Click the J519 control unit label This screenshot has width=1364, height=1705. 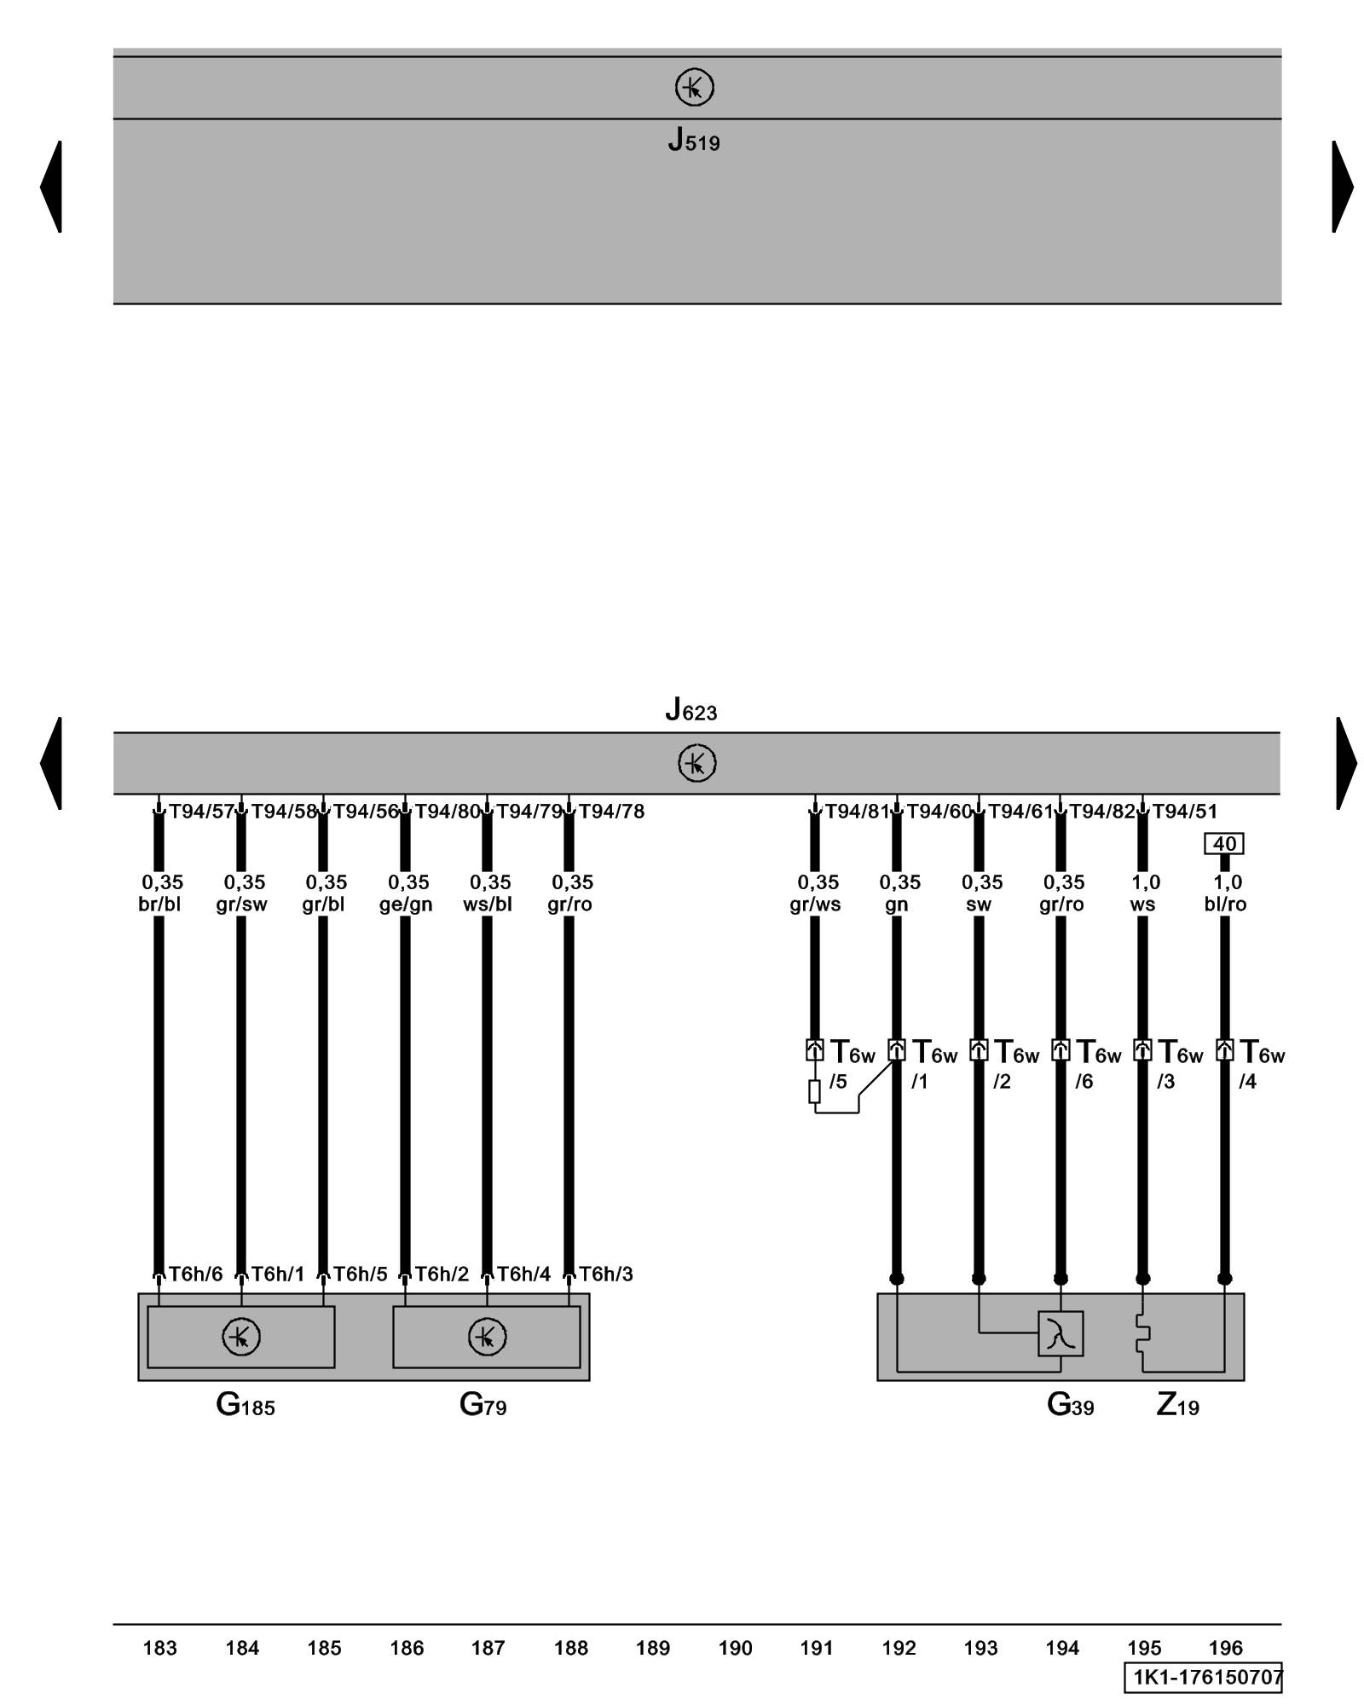coord(693,140)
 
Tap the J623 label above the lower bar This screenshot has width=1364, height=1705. coord(691,709)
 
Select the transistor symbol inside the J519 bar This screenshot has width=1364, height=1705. coord(694,87)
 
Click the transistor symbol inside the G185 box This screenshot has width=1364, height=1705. coord(241,1337)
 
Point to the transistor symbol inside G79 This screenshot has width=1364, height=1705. coord(487,1337)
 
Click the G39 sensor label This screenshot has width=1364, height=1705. coord(1070,1404)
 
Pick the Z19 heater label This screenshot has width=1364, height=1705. coord(1177,1404)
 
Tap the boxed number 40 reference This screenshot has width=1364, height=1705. coord(1224,843)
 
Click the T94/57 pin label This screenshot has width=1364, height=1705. coord(201,811)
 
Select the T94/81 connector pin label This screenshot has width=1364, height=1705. coord(857,811)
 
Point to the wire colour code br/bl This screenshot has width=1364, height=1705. coord(159,904)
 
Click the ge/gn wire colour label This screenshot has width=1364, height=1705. coord(406,904)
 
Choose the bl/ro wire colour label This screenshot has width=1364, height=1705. coord(1225,904)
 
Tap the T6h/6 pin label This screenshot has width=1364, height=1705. coord(195,1274)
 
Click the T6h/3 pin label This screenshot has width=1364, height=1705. coord(605,1274)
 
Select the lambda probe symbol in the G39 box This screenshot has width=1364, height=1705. coord(1061,1333)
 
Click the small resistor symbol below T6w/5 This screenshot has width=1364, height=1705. coord(814,1091)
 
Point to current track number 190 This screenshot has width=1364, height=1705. coord(735,1648)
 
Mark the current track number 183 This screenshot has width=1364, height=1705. coord(159,1648)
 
